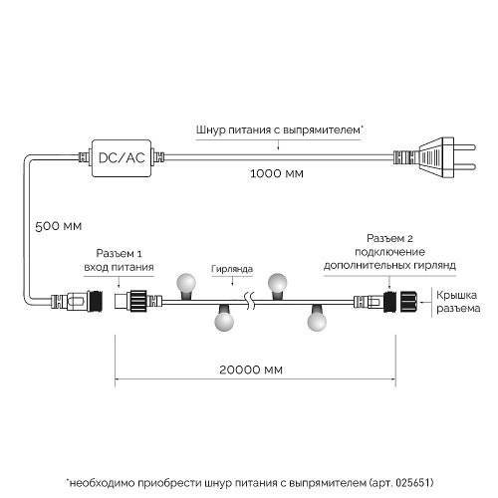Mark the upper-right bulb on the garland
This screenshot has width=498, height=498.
coord(280,281)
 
